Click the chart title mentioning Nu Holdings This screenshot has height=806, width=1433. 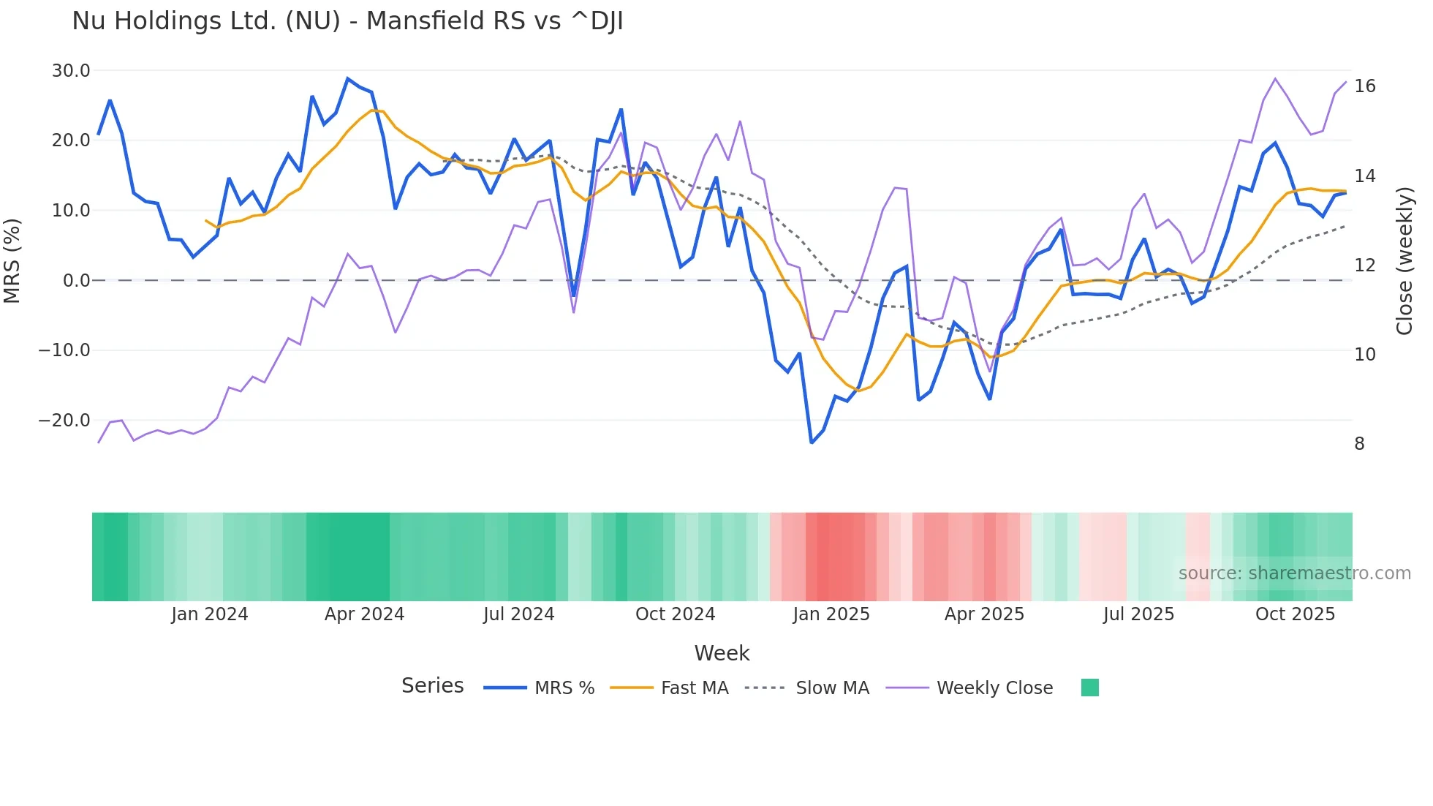[x=347, y=21]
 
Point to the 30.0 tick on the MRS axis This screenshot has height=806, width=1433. [x=71, y=71]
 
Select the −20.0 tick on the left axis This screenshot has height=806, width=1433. [x=64, y=421]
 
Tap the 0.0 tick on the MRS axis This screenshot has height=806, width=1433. [x=77, y=281]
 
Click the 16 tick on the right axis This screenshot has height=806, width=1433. [x=1364, y=86]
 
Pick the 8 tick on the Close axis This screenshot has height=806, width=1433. [x=1359, y=444]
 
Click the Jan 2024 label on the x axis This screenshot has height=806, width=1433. [x=210, y=614]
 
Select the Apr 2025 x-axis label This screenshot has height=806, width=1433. [x=984, y=614]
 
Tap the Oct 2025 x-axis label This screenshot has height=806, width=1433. [x=1295, y=614]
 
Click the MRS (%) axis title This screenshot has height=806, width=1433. [x=12, y=261]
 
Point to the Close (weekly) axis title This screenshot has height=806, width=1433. [x=1404, y=261]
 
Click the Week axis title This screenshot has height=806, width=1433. [x=722, y=653]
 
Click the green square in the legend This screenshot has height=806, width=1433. [x=1089, y=688]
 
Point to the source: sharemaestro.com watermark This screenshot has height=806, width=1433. [x=1294, y=573]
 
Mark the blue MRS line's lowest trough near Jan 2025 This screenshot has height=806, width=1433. [x=812, y=442]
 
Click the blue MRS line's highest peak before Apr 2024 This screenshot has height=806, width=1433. [x=348, y=78]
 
